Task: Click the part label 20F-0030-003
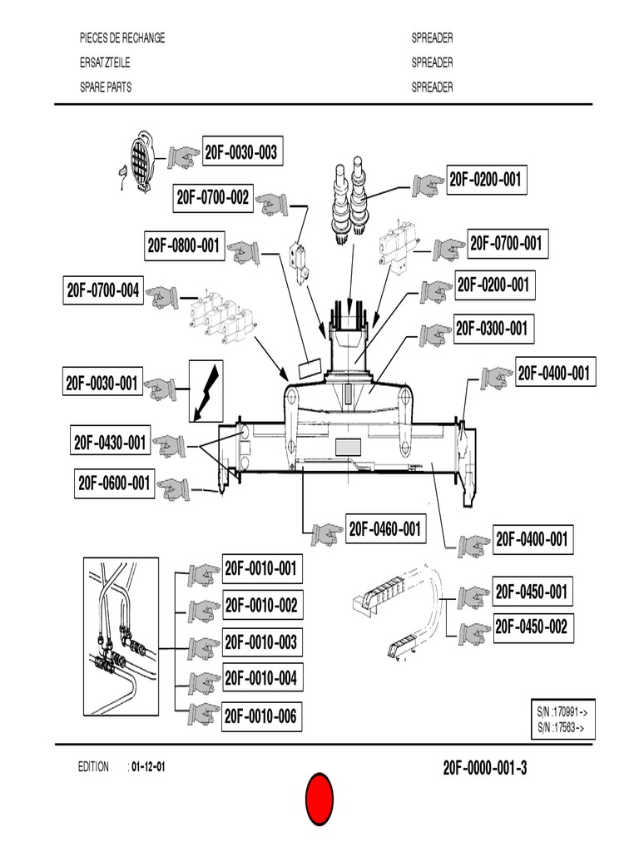(x=240, y=152)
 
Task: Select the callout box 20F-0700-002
(x=213, y=198)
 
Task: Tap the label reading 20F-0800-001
(x=184, y=245)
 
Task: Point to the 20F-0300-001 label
(x=491, y=329)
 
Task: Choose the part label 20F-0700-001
(x=505, y=244)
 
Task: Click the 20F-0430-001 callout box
(x=110, y=442)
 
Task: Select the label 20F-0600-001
(x=115, y=483)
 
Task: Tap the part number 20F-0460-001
(x=384, y=528)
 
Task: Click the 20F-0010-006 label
(x=260, y=716)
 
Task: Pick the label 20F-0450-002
(x=531, y=627)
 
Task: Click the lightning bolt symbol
(x=206, y=390)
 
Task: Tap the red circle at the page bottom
(x=319, y=799)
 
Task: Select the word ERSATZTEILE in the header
(x=104, y=62)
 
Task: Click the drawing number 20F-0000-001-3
(x=485, y=768)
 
